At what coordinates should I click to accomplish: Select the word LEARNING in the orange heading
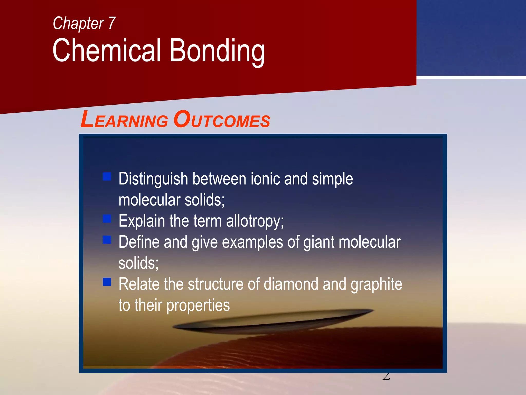tap(124, 120)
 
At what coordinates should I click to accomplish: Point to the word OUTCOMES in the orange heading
tap(222, 120)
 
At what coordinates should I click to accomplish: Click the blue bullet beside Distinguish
tap(107, 177)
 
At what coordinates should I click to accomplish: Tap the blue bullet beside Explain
tap(107, 219)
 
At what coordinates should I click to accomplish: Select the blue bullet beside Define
tap(107, 240)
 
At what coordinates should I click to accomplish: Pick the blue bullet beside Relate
tap(107, 282)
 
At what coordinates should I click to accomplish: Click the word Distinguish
tap(153, 179)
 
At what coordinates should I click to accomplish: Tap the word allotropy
tap(255, 221)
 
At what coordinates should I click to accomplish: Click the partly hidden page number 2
tap(386, 376)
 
